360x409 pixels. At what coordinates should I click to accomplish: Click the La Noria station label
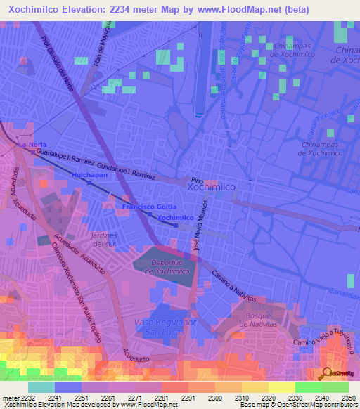click(x=32, y=144)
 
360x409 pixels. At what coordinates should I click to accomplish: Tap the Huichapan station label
click(x=89, y=174)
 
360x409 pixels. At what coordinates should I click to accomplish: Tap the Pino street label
click(x=197, y=179)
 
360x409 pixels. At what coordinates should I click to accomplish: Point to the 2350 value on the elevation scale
click(x=339, y=397)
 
